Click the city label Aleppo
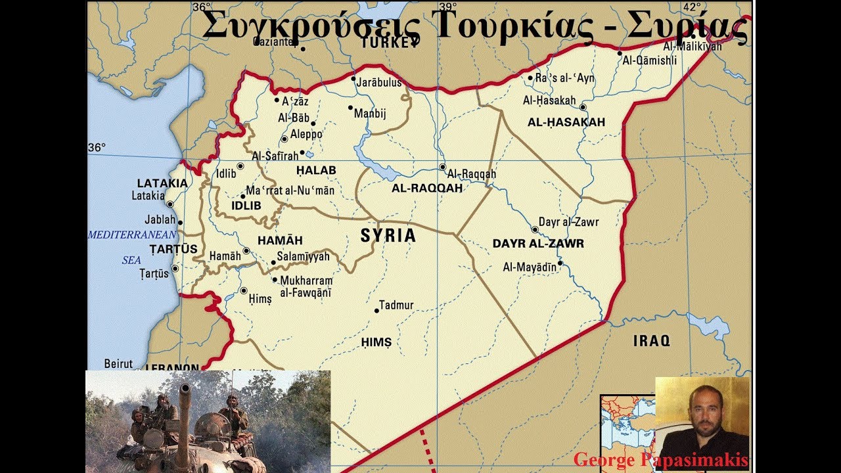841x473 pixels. pos(306,134)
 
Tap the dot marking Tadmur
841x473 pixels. pos(377,310)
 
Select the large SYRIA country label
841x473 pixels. pos(388,236)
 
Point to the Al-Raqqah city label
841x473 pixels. pos(471,174)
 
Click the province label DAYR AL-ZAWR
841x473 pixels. pos(538,244)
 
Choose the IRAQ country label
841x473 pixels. pos(651,341)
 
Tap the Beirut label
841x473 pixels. pos(118,363)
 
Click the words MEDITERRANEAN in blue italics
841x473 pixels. pos(132,235)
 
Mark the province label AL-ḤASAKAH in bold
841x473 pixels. pos(566,123)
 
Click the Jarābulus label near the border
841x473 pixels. pos(379,83)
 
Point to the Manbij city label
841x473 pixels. pos(370,114)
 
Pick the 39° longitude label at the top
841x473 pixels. pos(448,7)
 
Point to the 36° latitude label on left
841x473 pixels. pos(97,148)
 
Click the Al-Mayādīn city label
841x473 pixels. pos(529,267)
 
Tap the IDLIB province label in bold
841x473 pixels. pos(246,206)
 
